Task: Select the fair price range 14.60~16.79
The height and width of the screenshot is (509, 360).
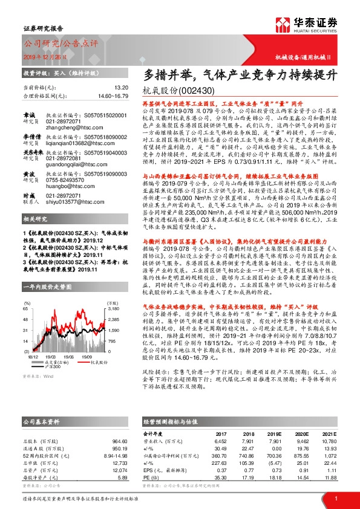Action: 110,96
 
